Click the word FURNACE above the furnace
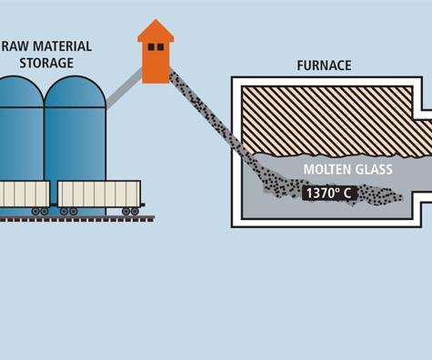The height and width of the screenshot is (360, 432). [323, 65]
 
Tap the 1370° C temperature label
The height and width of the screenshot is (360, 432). [330, 192]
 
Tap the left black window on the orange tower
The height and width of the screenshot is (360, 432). [150, 46]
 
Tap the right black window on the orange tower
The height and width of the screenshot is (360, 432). [160, 46]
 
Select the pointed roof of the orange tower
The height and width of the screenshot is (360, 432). [156, 29]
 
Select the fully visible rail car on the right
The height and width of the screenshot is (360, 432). [100, 194]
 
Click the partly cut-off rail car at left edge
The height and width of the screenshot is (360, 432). [24, 194]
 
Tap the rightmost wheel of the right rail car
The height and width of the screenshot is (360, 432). [135, 211]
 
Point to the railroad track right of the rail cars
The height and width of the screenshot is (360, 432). [148, 218]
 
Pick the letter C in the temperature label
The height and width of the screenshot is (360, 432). [352, 192]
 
